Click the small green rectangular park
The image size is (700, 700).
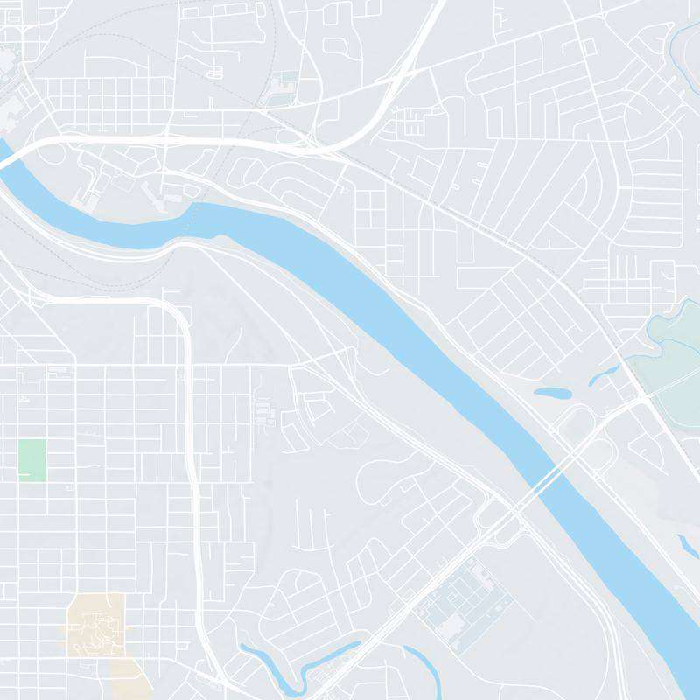click(32, 459)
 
